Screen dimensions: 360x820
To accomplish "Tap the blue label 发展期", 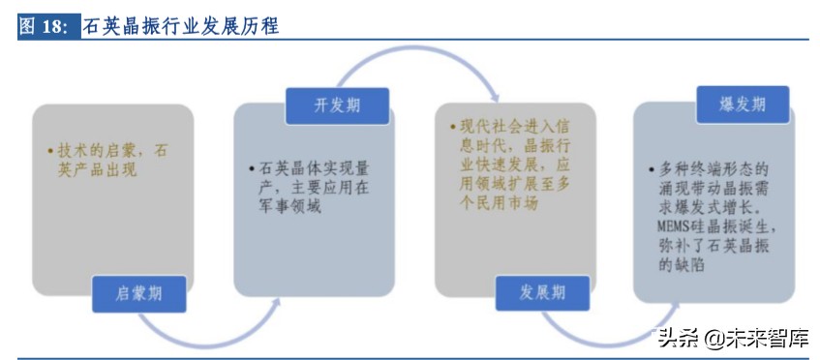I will pyautogui.click(x=541, y=293).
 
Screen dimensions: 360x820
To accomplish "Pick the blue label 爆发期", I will pyautogui.click(x=743, y=105).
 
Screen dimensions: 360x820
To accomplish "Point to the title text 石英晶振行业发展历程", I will pyautogui.click(x=181, y=26).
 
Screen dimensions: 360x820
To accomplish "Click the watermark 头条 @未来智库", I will pyautogui.click(x=733, y=338).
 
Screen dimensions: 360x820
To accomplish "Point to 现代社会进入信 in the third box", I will pyautogui.click(x=503, y=129).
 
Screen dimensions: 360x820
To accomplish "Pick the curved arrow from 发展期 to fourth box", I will pyautogui.click(x=620, y=332).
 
